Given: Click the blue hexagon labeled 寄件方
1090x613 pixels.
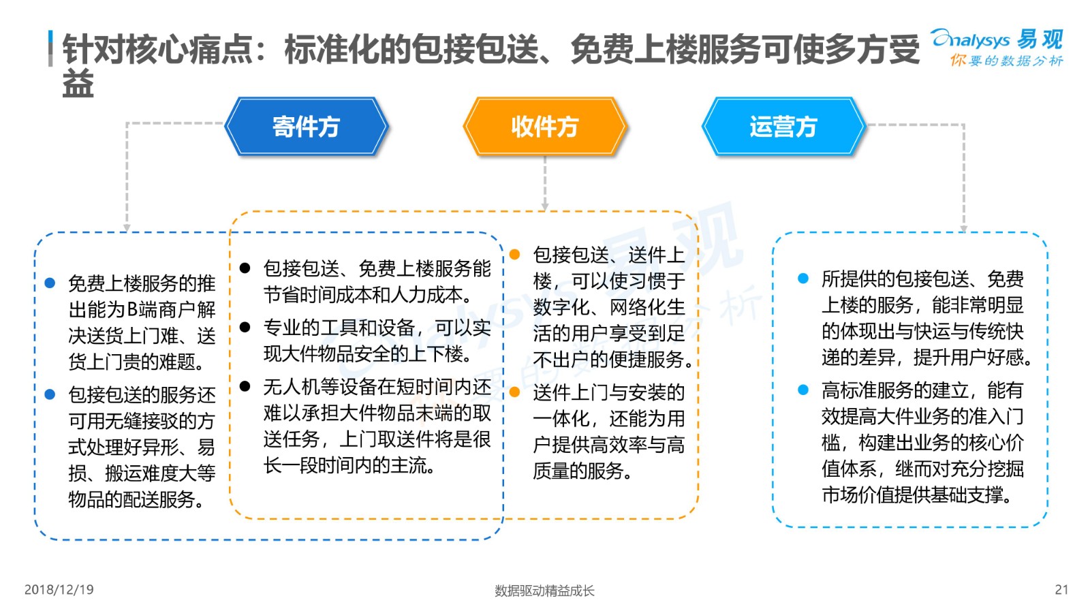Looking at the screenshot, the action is [306, 127].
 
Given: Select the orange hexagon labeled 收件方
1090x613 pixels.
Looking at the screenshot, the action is [545, 127].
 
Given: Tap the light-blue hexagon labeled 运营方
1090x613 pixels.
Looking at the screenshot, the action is [783, 127].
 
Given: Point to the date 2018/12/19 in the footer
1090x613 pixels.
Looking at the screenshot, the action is [59, 590].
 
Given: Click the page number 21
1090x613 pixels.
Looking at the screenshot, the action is [1061, 590].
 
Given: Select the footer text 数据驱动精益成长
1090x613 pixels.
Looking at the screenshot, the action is [544, 591].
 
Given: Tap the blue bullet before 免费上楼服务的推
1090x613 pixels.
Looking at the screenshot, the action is [50, 283].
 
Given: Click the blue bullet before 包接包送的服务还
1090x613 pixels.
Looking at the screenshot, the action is [50, 394].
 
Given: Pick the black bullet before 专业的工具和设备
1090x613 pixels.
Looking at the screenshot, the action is [245, 327].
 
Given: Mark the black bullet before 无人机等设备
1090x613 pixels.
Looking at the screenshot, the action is [245, 386].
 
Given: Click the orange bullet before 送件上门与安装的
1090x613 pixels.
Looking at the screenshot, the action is [514, 392].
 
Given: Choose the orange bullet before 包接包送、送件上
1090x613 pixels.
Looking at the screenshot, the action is [514, 254].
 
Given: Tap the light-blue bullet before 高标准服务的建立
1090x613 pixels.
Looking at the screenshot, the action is [803, 390].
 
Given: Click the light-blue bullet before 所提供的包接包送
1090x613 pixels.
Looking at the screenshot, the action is [803, 279].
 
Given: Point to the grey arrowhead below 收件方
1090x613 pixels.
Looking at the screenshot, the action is [545, 207].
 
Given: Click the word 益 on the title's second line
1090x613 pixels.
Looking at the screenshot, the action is [78, 84].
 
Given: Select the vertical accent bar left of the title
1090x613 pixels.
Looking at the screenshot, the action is [50, 48].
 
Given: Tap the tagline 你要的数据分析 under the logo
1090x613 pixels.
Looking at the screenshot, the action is [1006, 61].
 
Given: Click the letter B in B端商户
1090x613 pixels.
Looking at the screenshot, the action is [132, 309].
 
